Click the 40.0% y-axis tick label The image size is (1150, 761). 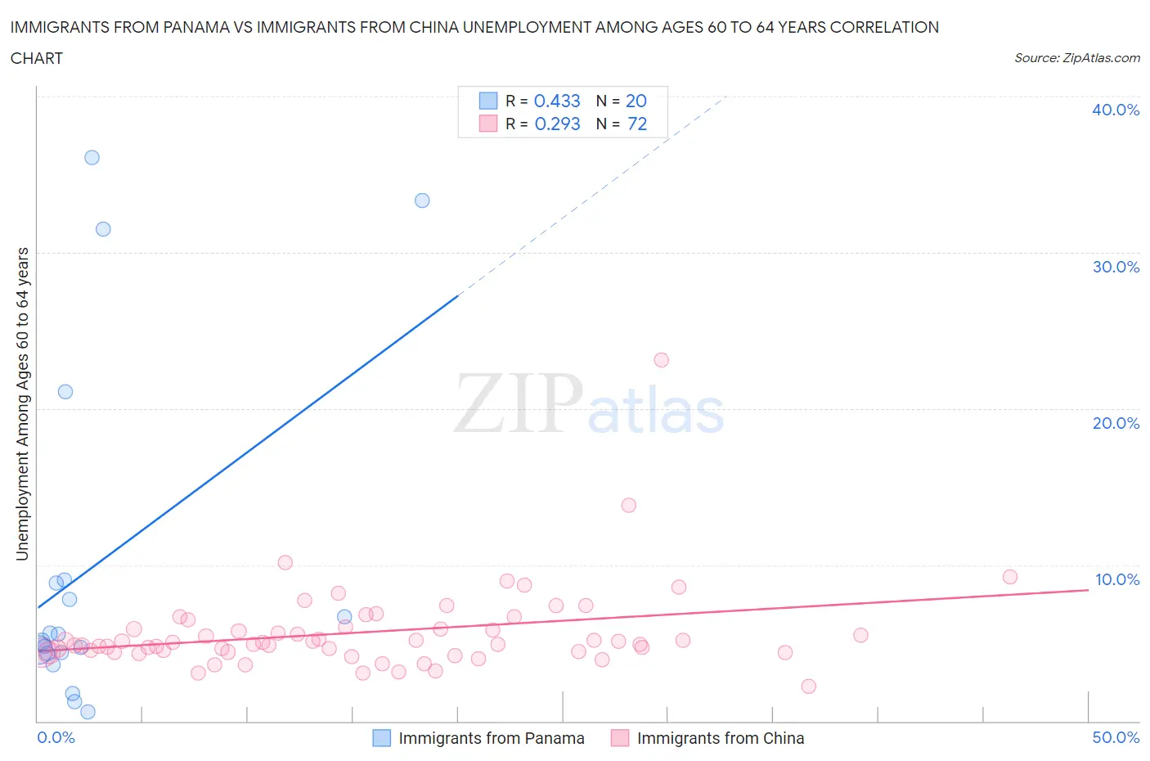click(1116, 110)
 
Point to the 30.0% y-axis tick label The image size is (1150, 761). click(1116, 267)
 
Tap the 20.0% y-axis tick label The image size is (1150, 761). click(1116, 423)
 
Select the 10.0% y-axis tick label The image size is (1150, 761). click(1116, 579)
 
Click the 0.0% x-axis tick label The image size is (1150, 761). click(56, 737)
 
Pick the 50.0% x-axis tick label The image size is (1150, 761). click(1116, 737)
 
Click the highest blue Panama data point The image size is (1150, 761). click(92, 157)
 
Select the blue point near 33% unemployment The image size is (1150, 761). click(422, 200)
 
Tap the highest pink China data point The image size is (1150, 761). click(661, 360)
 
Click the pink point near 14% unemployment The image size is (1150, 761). click(628, 505)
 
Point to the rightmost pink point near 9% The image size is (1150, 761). click(1009, 577)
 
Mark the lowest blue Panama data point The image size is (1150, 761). click(88, 712)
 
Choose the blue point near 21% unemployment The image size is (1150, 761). click(65, 392)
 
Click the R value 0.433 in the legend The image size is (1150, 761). click(557, 101)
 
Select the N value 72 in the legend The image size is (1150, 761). click(637, 124)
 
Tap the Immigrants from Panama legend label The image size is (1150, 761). click(491, 738)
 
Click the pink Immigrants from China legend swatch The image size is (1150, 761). click(620, 738)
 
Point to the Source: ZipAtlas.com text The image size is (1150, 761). click(1076, 57)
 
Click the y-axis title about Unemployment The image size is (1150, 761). click(22, 403)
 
